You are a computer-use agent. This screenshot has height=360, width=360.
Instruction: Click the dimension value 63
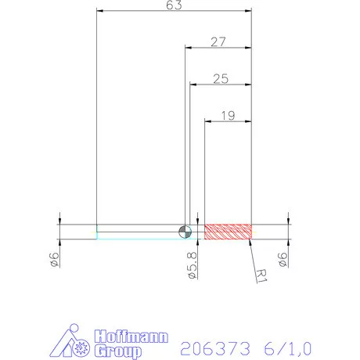click(x=175, y=5)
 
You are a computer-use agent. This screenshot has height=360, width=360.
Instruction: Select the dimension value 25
click(x=220, y=79)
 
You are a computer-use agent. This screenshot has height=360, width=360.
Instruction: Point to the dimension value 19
click(x=228, y=116)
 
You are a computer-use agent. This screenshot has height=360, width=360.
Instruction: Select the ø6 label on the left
click(x=53, y=260)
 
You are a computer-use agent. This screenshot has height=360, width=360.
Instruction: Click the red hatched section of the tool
click(x=228, y=231)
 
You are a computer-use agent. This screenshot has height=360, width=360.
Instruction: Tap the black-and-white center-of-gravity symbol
click(x=185, y=231)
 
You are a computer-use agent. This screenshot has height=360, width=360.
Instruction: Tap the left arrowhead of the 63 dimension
click(x=99, y=11)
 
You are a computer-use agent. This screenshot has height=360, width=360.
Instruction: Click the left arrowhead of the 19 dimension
click(x=208, y=121)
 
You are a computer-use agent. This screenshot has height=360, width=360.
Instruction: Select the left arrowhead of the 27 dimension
click(x=188, y=48)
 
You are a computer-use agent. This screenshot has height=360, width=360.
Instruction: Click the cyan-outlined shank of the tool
click(x=137, y=232)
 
